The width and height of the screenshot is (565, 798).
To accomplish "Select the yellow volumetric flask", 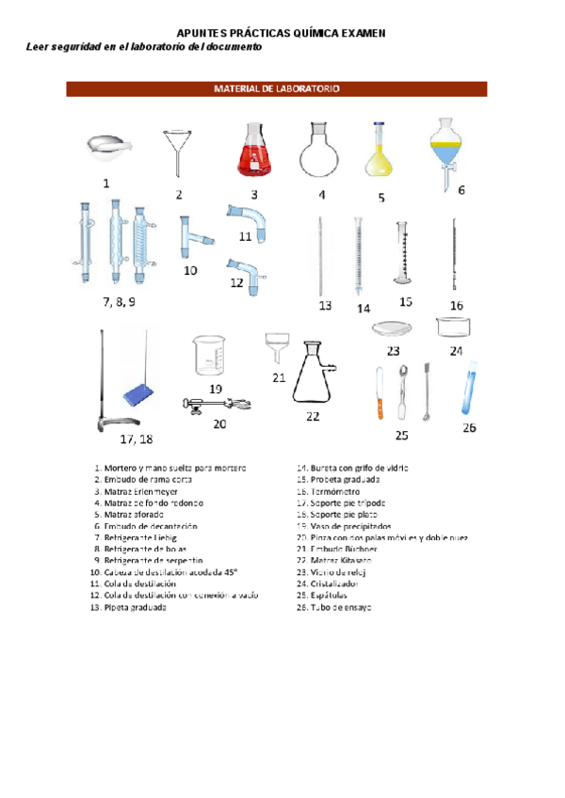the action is coord(379,154).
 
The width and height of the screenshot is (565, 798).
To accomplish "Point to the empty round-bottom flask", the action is coord(319,149).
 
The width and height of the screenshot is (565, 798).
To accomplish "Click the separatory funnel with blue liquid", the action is coord(445,149).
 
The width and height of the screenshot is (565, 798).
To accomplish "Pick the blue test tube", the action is coord(468,391).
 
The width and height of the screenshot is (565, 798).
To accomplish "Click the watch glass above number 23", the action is coord(393,327).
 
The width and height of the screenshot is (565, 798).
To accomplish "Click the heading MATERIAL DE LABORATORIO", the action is coord(276,89).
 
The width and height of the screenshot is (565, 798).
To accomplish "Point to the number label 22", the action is coord(313,415).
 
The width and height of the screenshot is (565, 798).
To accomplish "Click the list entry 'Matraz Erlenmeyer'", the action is coord(140,491).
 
